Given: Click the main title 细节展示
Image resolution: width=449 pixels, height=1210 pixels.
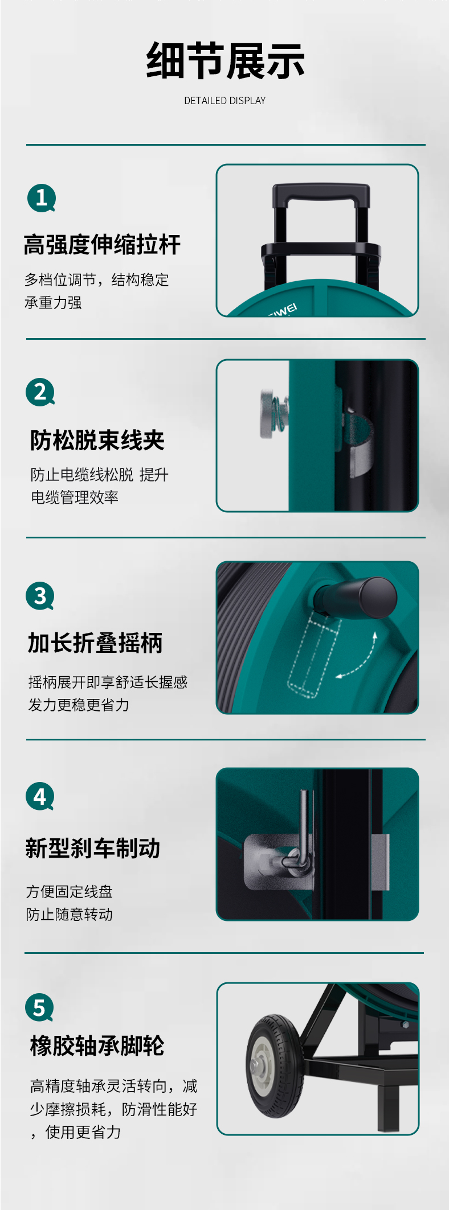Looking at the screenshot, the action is point(225,61).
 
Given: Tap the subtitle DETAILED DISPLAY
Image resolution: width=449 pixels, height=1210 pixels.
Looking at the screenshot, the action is point(225,101).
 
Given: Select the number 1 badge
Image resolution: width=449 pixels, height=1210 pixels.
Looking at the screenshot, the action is point(41,198).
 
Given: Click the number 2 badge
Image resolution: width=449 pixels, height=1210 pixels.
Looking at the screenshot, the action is point(40,392).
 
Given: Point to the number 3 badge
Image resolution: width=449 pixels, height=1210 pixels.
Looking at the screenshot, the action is point(40,596).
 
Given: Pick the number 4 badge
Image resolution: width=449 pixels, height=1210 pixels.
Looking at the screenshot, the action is point(40,796).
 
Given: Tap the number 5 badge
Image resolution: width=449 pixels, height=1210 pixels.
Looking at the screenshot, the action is point(39,1007).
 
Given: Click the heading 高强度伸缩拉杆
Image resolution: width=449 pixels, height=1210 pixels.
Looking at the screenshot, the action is point(103,245).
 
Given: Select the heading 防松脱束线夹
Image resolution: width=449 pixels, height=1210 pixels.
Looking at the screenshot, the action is point(97,440).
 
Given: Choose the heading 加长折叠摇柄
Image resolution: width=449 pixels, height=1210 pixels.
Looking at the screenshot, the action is point(95,643).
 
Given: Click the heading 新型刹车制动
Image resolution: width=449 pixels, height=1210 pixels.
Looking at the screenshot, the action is point(93,848).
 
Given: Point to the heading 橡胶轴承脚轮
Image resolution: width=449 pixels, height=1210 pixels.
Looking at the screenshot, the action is point(97,1046).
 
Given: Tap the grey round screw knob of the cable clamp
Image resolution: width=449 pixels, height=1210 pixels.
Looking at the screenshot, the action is point(267,414).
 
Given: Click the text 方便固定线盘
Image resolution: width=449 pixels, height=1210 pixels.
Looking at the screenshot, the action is point(70,891).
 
